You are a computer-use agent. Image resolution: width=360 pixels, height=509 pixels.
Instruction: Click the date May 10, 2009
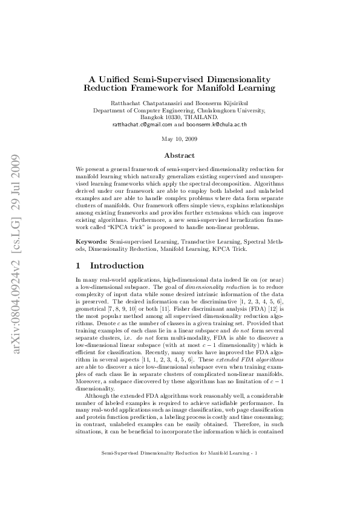[x=180, y=139]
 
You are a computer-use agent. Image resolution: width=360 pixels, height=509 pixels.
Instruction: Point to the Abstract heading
[x=180, y=155]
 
